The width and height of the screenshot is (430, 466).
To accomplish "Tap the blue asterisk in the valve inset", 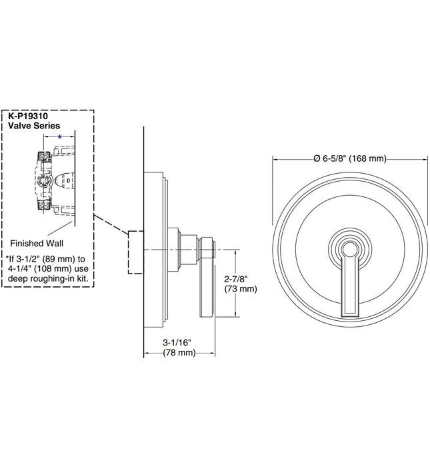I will pos(59,136).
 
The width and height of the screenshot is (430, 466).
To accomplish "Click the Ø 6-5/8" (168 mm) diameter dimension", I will pos(348,158).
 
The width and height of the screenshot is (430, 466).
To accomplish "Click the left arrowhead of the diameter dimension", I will pos(275,158).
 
